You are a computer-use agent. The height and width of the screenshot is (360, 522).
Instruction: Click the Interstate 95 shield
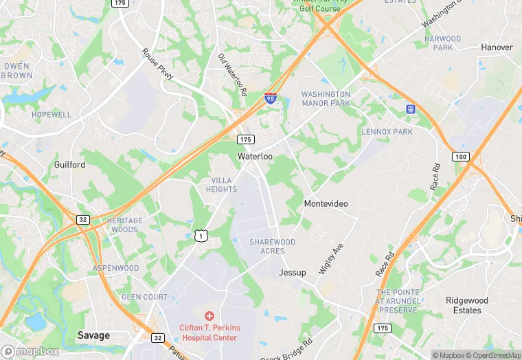click(271, 98)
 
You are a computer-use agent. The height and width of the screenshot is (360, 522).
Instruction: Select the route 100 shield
click(460, 157)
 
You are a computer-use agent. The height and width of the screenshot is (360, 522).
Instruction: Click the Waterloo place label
click(255, 157)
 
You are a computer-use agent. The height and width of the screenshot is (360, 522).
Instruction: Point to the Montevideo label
click(326, 204)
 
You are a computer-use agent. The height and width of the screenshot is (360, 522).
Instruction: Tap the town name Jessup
click(292, 273)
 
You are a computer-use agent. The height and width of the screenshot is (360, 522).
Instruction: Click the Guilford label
click(69, 165)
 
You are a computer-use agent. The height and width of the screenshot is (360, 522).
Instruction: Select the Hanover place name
click(496, 47)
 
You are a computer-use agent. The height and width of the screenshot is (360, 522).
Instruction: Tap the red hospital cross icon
click(209, 315)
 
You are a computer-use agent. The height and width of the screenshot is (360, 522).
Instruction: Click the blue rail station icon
click(411, 109)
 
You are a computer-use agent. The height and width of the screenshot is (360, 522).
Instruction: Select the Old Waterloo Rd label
click(232, 74)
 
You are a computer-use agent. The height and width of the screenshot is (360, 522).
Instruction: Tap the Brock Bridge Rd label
click(287, 348)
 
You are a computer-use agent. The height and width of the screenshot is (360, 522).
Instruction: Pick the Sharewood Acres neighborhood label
click(272, 247)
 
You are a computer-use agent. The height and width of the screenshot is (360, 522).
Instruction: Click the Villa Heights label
click(221, 185)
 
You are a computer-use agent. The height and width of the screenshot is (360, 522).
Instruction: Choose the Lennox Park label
click(387, 131)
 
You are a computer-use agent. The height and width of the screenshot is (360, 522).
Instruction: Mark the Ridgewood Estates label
click(466, 306)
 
